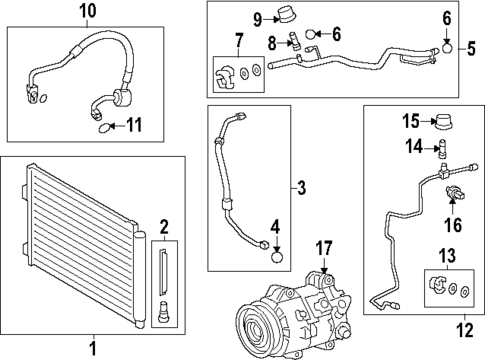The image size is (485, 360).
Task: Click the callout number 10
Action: point(88,11)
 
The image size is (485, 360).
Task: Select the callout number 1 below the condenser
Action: point(93,347)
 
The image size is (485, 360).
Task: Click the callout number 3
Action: point(302,186)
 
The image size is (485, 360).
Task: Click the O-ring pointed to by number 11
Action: point(104,127)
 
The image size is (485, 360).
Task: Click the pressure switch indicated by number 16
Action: point(452,194)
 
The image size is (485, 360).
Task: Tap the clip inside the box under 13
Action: point(437,289)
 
